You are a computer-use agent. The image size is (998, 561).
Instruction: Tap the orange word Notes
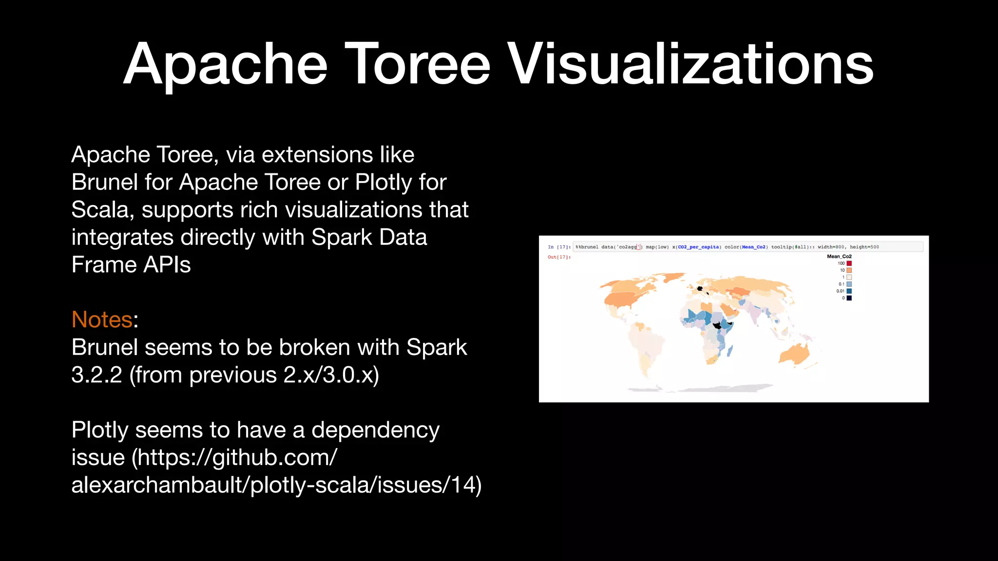102,320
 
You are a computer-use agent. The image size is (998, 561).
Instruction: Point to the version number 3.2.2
96,375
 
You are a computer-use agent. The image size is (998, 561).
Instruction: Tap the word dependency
375,430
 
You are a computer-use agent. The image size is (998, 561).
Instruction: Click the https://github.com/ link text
237,458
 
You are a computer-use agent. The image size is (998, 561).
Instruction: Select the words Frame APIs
131,265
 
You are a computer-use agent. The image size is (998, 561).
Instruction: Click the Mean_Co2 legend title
839,256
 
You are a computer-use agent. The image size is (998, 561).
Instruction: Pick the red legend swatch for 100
849,263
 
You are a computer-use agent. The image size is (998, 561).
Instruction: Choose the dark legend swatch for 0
849,298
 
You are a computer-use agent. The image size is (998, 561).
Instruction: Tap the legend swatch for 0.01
849,291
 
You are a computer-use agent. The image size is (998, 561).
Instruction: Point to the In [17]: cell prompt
559,247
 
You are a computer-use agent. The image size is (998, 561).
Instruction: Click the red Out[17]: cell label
559,257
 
